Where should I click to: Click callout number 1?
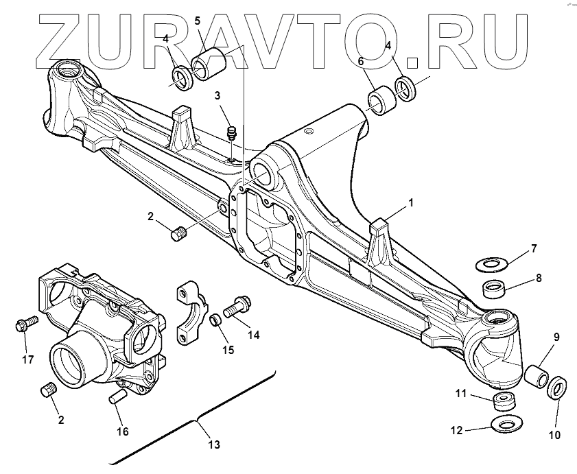(x=411, y=203)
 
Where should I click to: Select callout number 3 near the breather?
(x=217, y=95)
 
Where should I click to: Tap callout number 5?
(x=197, y=21)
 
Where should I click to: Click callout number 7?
(x=534, y=248)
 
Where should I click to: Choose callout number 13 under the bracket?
(x=214, y=445)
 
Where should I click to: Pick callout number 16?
(x=123, y=431)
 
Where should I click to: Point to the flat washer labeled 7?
(x=491, y=263)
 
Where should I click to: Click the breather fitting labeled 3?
(x=232, y=130)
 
